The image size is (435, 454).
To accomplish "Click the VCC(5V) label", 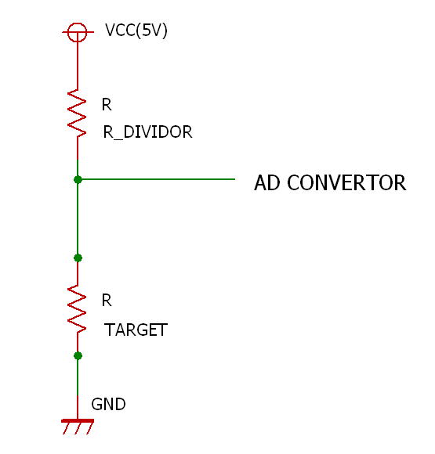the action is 136,31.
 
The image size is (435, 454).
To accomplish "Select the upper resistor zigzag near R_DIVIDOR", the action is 77,113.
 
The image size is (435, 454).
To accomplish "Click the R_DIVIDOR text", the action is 147,132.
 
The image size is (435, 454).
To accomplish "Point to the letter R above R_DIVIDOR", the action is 107,105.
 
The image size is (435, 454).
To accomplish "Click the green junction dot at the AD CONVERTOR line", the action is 78,179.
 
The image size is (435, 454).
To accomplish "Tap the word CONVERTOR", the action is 346,182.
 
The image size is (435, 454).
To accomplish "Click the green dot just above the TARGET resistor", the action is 78,258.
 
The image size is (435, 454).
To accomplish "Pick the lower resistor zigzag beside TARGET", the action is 77,308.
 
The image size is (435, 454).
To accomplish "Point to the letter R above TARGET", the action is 107,301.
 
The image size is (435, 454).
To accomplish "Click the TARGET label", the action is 136,330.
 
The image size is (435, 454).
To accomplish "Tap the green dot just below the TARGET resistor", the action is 78,355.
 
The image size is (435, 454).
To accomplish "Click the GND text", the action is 108,404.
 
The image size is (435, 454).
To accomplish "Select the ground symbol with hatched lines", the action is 78,426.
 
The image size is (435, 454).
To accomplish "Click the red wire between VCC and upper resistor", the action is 78,66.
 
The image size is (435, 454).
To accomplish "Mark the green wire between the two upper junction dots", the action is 78,218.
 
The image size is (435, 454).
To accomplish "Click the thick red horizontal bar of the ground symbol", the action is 78,420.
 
